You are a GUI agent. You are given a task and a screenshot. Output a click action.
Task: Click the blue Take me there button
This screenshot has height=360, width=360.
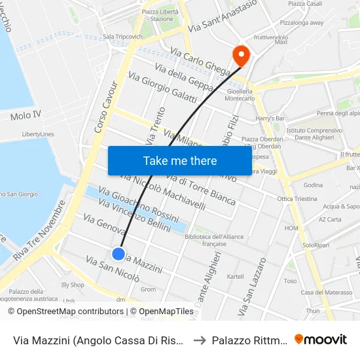(x=180, y=160)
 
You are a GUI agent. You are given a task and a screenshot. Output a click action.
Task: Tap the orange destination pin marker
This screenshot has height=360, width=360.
(x=240, y=55)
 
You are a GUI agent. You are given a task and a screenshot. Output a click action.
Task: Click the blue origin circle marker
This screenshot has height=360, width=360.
(x=118, y=254)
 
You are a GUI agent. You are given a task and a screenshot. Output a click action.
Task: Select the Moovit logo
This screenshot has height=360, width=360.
(x=321, y=339)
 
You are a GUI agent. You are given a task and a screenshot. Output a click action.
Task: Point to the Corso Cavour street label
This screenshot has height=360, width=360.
(x=106, y=107)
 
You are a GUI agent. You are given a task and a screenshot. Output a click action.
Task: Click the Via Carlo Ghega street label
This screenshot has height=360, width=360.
(x=200, y=62)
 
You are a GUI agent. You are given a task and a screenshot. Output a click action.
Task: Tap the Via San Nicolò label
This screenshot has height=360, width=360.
(x=112, y=269)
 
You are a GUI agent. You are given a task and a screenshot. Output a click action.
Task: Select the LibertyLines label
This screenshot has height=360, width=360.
(x=38, y=134)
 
